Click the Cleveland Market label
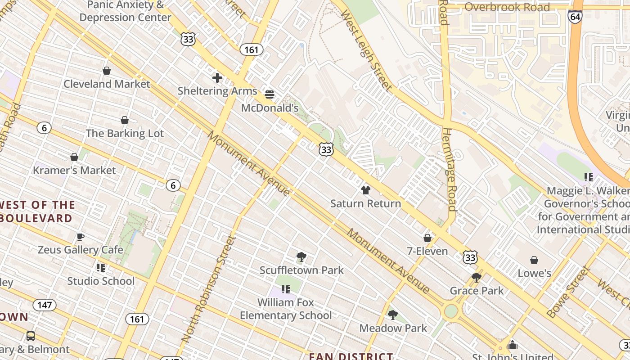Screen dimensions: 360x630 (107, 84)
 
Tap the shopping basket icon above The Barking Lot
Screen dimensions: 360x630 (125, 120)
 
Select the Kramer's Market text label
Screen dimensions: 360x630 (74, 171)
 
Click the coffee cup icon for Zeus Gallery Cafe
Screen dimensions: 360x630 (81, 237)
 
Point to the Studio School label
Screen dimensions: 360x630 (101, 281)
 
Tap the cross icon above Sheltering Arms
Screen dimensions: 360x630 (217, 78)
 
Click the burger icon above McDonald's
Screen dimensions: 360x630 (270, 94)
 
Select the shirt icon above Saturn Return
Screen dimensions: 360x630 (365, 190)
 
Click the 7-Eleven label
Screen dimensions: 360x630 (427, 251)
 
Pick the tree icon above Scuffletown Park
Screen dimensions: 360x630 (301, 257)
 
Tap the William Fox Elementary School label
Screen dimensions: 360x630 (286, 309)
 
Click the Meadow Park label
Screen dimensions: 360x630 (393, 328)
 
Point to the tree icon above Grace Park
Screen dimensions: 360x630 (477, 278)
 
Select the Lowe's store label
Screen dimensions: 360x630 (534, 273)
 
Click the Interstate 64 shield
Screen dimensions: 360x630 (575, 17)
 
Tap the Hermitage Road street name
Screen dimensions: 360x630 (450, 169)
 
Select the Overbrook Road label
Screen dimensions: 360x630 (507, 7)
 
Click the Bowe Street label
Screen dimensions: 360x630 (568, 292)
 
